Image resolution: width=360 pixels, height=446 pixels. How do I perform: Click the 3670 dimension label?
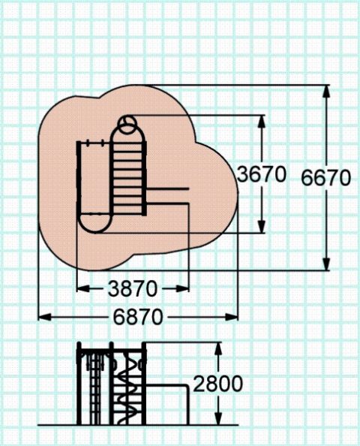(x=261, y=174)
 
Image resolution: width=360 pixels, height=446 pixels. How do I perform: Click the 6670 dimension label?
(x=325, y=178)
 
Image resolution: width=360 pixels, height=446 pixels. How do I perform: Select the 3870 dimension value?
(x=133, y=289)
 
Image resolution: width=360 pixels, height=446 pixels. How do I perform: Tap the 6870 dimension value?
(x=138, y=317)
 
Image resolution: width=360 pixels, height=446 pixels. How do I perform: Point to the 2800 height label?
(x=218, y=384)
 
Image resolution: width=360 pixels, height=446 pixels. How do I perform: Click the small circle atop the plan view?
(x=127, y=125)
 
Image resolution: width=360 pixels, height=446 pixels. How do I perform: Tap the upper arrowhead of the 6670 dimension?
(x=326, y=92)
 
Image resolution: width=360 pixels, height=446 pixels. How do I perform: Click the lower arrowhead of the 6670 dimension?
(x=326, y=264)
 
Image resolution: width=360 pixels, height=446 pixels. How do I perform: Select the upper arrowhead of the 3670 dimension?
(x=262, y=122)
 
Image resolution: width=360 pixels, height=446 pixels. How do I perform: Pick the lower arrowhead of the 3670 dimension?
(x=262, y=227)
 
